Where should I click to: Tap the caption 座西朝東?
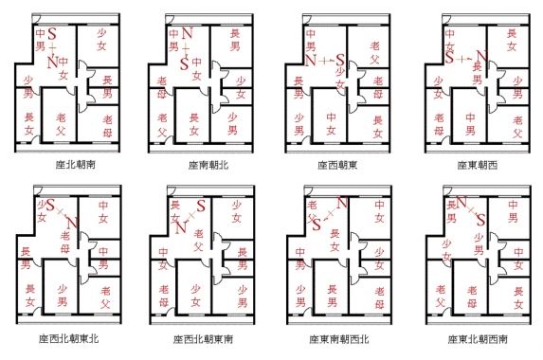pos(335,163)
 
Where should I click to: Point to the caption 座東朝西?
pos(473,163)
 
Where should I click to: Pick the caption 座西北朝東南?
pos(202,337)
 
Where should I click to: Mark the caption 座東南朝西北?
pos(338,337)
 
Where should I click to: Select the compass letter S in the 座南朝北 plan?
pos(186,63)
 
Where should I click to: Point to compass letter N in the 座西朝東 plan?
pos(311,62)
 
